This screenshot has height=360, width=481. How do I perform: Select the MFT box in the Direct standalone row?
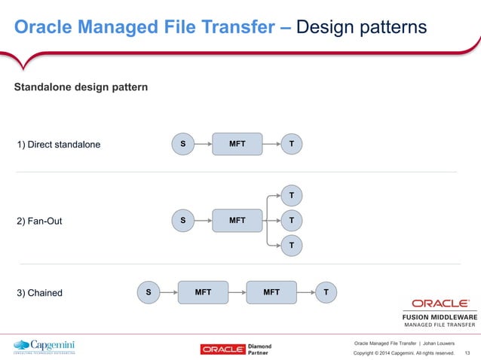click(237, 144)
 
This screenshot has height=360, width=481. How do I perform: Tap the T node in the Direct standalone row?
click(292, 144)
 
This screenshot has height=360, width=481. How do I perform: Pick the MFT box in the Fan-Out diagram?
click(237, 221)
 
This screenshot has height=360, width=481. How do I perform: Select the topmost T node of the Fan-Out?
click(292, 196)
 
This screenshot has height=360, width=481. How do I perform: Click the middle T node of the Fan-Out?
click(292, 221)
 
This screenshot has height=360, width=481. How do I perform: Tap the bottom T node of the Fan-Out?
click(292, 246)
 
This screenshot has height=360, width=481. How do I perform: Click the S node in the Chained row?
click(148, 291)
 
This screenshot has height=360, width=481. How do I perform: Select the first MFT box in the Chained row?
click(203, 291)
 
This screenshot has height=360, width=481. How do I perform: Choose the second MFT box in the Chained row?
click(271, 291)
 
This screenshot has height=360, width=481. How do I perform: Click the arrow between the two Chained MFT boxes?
click(237, 291)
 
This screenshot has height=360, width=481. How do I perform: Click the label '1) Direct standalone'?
click(58, 144)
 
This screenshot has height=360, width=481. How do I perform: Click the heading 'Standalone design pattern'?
click(81, 88)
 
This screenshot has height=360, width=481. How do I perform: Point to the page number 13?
click(467, 352)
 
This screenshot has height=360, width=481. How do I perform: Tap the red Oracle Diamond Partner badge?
click(235, 349)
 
